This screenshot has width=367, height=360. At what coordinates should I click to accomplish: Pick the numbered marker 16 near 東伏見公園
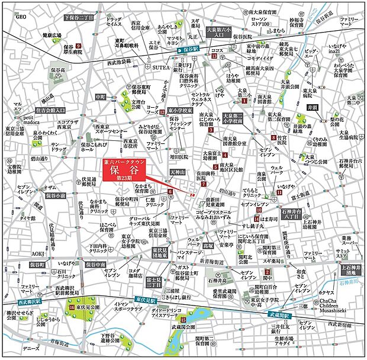click(72, 308)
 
